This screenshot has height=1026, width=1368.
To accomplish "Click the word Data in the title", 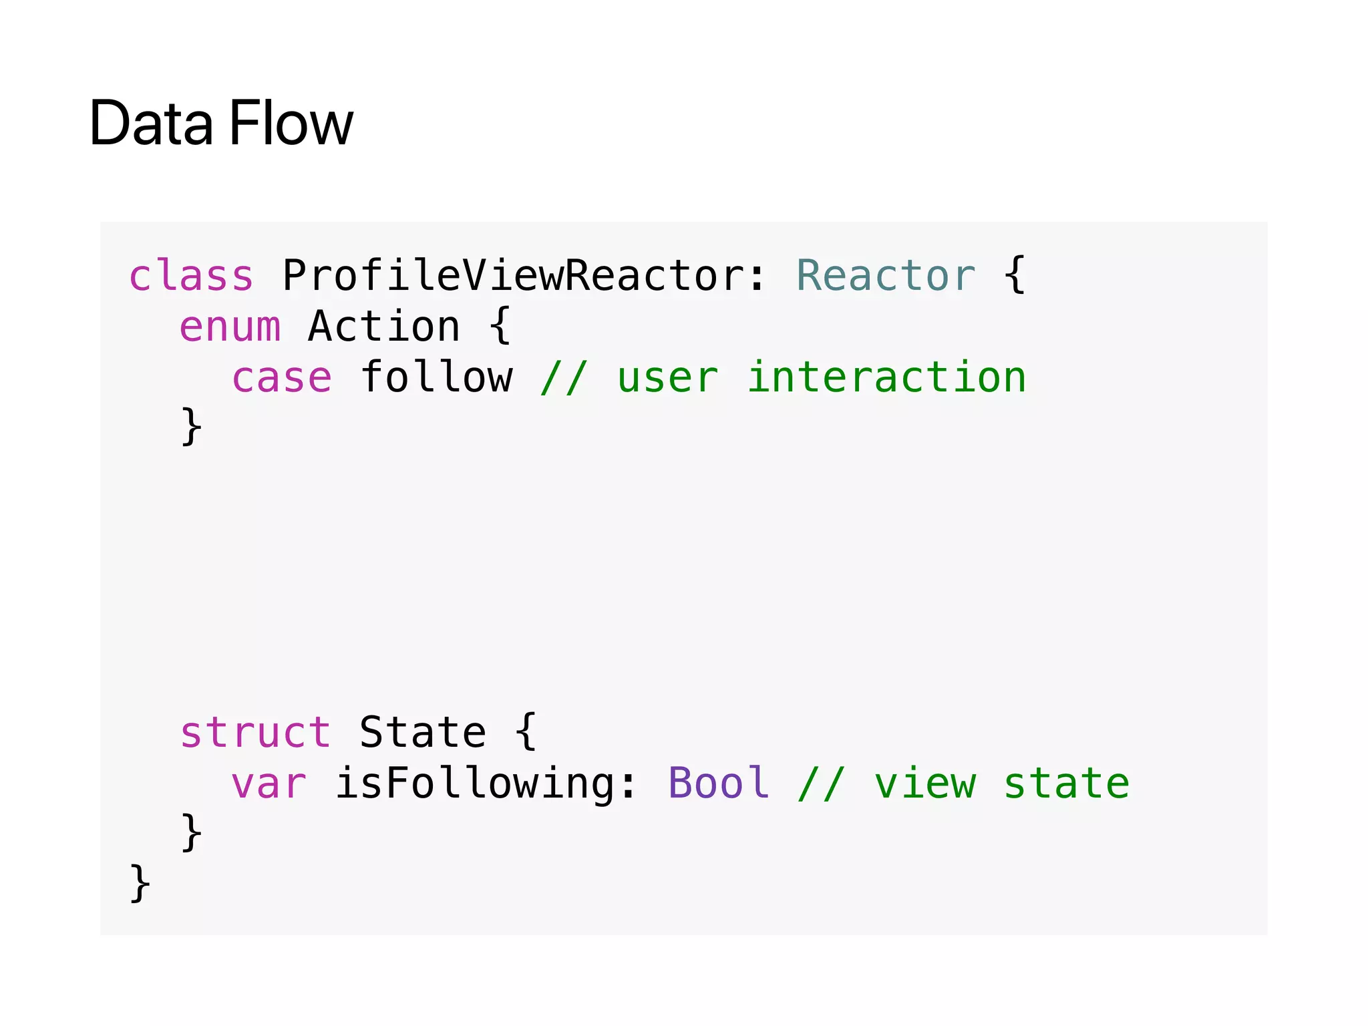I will tap(151, 123).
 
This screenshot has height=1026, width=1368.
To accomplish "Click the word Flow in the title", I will tap(291, 123).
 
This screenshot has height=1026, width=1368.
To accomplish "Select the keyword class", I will tap(191, 275).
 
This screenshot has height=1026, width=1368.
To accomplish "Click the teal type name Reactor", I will tap(886, 275).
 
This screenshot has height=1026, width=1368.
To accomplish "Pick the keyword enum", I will tap(230, 327).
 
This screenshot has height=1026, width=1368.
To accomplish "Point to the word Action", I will tap(384, 327).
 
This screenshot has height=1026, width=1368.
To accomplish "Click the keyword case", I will tap(281, 377).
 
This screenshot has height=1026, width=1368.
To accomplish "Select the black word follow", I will tap(437, 377).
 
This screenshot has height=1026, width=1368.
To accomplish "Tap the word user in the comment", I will tap(667, 377).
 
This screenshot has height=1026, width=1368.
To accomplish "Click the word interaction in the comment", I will tap(886, 377).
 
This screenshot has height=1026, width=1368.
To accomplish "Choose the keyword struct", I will tap(255, 732).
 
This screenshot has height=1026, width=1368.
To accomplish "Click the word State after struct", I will tap(423, 732).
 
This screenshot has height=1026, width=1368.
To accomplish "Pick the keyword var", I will tap(269, 783).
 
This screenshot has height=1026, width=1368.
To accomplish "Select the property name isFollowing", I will tap(475, 783).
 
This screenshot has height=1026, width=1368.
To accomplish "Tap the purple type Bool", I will tap(718, 783).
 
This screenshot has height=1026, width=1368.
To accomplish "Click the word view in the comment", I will tap(925, 783).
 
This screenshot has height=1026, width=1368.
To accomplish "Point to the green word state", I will tap(1067, 783).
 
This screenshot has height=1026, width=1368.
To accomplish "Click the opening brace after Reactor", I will tap(1015, 275).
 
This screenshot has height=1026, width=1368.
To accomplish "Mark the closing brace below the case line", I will tap(192, 427).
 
